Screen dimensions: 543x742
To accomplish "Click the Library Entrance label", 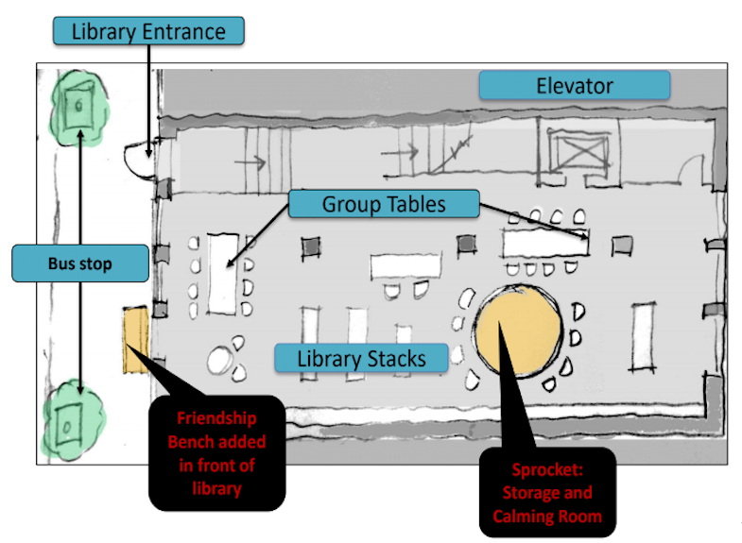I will (149, 30).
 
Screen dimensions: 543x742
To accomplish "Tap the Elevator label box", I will (575, 86).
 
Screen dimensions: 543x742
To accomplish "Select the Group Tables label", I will (384, 204).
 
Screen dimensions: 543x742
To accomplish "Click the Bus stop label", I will (79, 263).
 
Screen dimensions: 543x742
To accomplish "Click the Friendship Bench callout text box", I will (217, 453).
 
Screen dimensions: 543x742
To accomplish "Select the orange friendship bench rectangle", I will (136, 340).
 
